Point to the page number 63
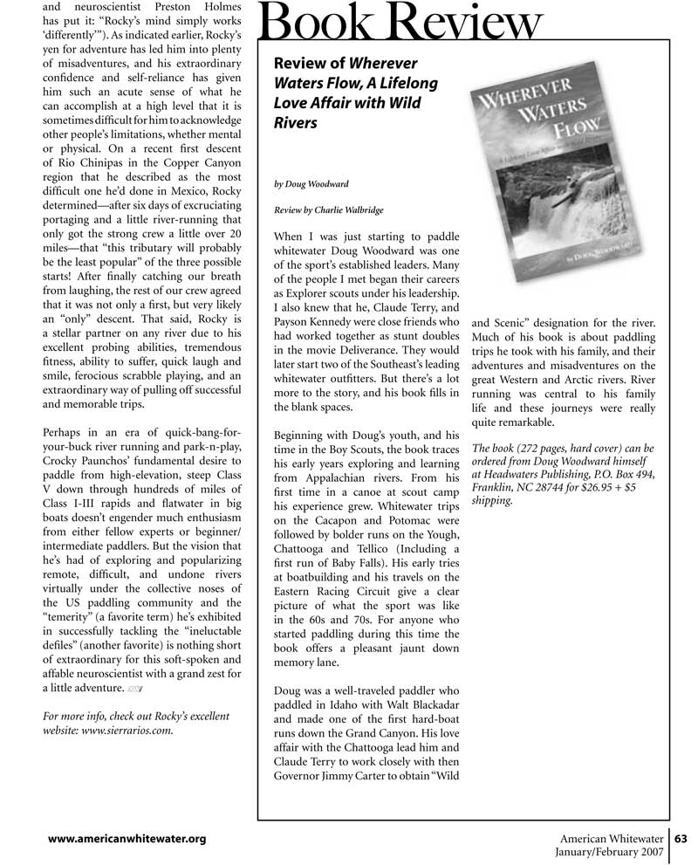click(x=681, y=839)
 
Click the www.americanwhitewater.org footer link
click(x=127, y=840)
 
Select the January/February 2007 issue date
click(x=610, y=853)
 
